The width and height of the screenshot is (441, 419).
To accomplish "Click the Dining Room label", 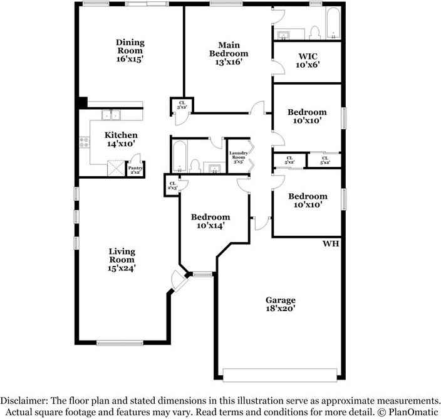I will (130, 51).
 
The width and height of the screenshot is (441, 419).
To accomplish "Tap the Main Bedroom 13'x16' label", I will (228, 53).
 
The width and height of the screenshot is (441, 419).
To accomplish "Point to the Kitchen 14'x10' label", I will (121, 139).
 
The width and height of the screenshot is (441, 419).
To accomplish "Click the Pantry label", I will (135, 169).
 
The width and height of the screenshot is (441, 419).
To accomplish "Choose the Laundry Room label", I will (239, 157).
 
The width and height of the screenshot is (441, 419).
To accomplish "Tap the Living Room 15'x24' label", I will (122, 259).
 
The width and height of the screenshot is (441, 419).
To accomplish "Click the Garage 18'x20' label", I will (279, 304).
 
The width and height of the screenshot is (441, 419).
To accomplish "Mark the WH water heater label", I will (330, 243).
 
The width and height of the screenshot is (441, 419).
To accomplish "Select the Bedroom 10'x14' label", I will (210, 221).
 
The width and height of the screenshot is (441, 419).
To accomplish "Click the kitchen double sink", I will (112, 115).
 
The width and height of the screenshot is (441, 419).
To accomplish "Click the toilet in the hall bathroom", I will (195, 166).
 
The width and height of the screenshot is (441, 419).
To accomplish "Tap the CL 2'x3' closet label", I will (171, 186).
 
